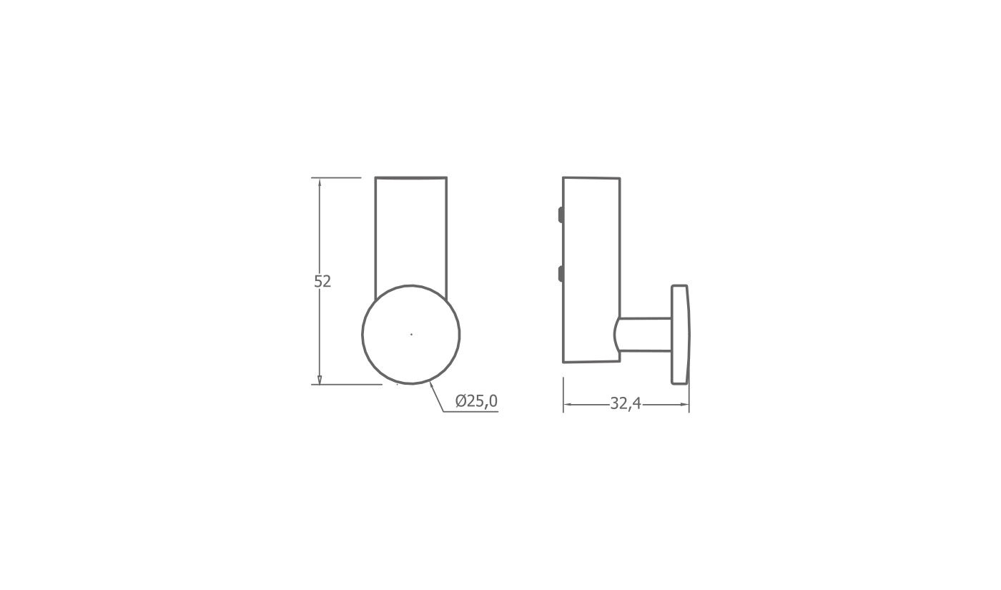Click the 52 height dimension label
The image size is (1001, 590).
tap(322, 281)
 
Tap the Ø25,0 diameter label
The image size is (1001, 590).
tap(476, 401)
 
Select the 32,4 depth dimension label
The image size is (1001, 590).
tap(626, 403)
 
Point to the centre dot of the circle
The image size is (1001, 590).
tap(411, 334)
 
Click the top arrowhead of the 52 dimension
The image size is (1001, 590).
tap(320, 182)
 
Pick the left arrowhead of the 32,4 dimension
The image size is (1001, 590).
tap(568, 405)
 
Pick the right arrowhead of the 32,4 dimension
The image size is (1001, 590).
tap(684, 405)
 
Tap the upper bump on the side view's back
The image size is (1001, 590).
tap(561, 215)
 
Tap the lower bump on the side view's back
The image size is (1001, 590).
tap(561, 273)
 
